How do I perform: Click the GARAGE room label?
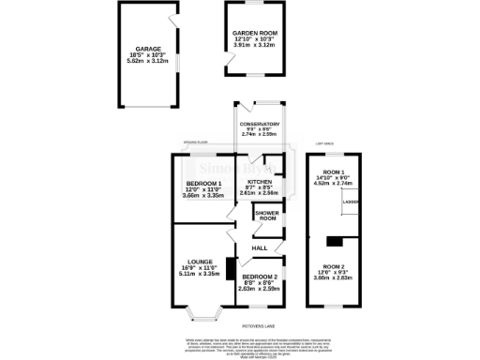click(x=149, y=48)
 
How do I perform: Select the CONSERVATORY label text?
click(x=260, y=124)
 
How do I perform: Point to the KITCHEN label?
click(x=260, y=182)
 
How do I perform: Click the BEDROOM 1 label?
click(x=203, y=184)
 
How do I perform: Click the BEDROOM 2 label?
click(x=259, y=277)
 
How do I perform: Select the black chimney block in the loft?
click(x=329, y=240)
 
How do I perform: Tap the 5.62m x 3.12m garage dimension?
click(x=149, y=61)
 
